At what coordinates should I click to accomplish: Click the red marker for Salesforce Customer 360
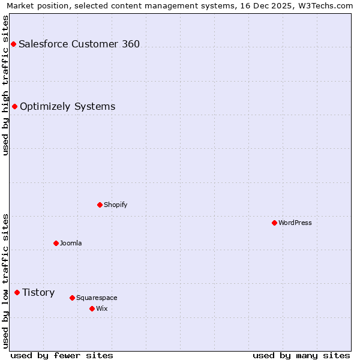tap(13, 44)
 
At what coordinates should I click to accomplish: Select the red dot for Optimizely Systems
tap(14, 106)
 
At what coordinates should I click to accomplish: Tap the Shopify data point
tap(100, 205)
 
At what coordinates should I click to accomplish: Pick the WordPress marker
tap(274, 223)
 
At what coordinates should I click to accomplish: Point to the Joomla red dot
tap(56, 243)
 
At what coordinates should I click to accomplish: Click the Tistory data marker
tap(17, 292)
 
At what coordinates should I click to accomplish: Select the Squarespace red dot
tap(72, 298)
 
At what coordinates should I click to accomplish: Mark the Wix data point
tap(92, 308)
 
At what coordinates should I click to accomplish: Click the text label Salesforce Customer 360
tap(79, 44)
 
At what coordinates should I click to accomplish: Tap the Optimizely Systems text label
tap(67, 106)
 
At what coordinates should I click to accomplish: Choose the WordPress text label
tap(295, 223)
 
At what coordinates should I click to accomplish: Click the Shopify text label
tap(116, 205)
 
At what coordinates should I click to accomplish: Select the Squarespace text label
tap(97, 298)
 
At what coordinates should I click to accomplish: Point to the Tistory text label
tap(38, 292)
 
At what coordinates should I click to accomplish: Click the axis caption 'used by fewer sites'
tap(62, 355)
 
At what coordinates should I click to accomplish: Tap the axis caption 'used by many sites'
tap(301, 355)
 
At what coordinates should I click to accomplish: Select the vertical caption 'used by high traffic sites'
tap(5, 85)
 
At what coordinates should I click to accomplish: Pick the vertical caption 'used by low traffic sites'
tap(5, 281)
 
